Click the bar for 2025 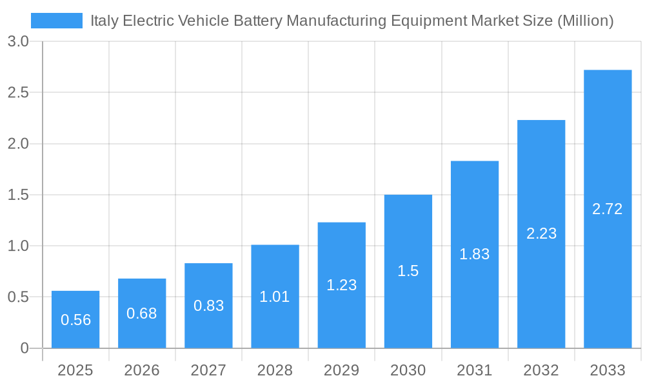point(75,319)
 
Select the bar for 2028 point(275,296)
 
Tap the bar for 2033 point(608,209)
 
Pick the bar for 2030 point(408,271)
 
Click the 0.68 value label point(142,313)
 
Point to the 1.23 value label point(341,285)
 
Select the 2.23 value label point(541,233)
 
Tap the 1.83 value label point(475,254)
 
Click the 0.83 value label point(208,306)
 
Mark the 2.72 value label point(608,209)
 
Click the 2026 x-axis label point(142,370)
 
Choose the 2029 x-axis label point(341,370)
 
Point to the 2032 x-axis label point(541,370)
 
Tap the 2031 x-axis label point(475,370)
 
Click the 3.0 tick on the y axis point(18,41)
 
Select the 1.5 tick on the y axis point(18,195)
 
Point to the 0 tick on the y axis point(25,348)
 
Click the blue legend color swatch point(57,21)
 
